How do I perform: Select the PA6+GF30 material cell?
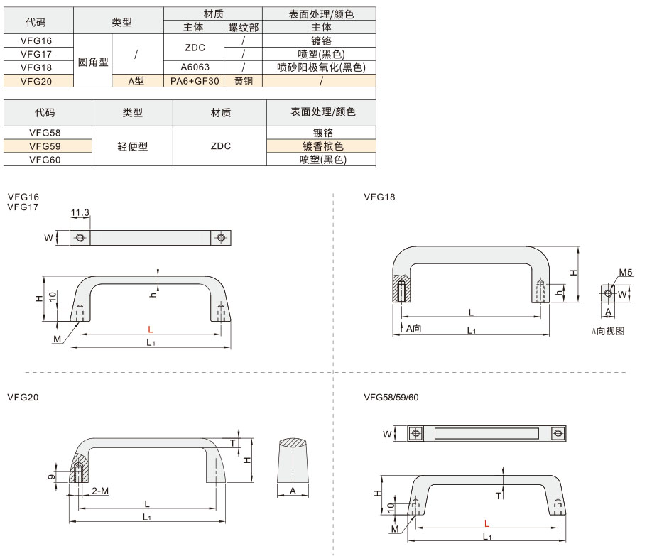(194, 81)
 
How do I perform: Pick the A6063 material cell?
(194, 67)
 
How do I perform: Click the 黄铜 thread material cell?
(243, 81)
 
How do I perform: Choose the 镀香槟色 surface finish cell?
(322, 146)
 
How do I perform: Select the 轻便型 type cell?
(132, 146)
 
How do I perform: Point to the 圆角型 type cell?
(93, 61)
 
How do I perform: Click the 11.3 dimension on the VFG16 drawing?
(80, 212)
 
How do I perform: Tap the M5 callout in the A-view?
(626, 272)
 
